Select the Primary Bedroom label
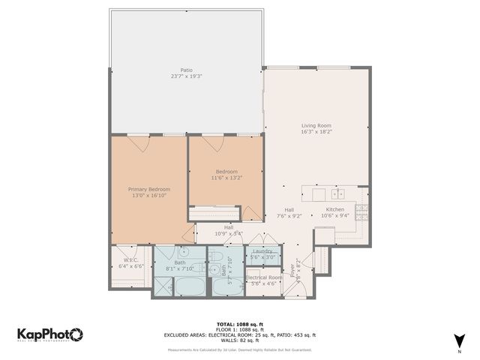148,189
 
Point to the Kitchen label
334,209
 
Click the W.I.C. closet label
131,259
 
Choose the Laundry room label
262,251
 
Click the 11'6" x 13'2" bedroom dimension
226,178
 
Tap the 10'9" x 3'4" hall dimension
228,233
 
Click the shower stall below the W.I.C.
163,286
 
